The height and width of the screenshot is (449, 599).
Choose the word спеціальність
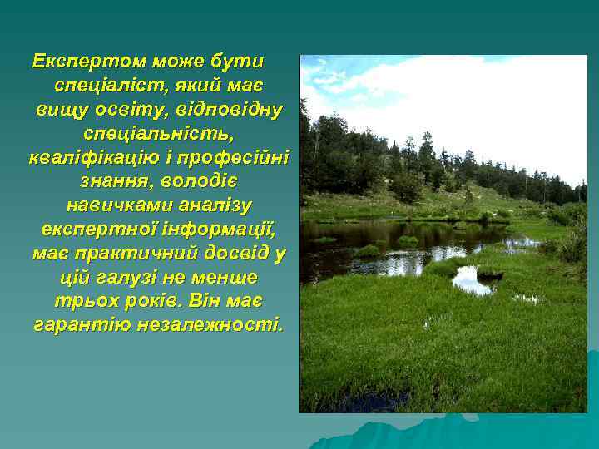tap(158, 134)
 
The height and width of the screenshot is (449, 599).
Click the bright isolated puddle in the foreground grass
tap(471, 281)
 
